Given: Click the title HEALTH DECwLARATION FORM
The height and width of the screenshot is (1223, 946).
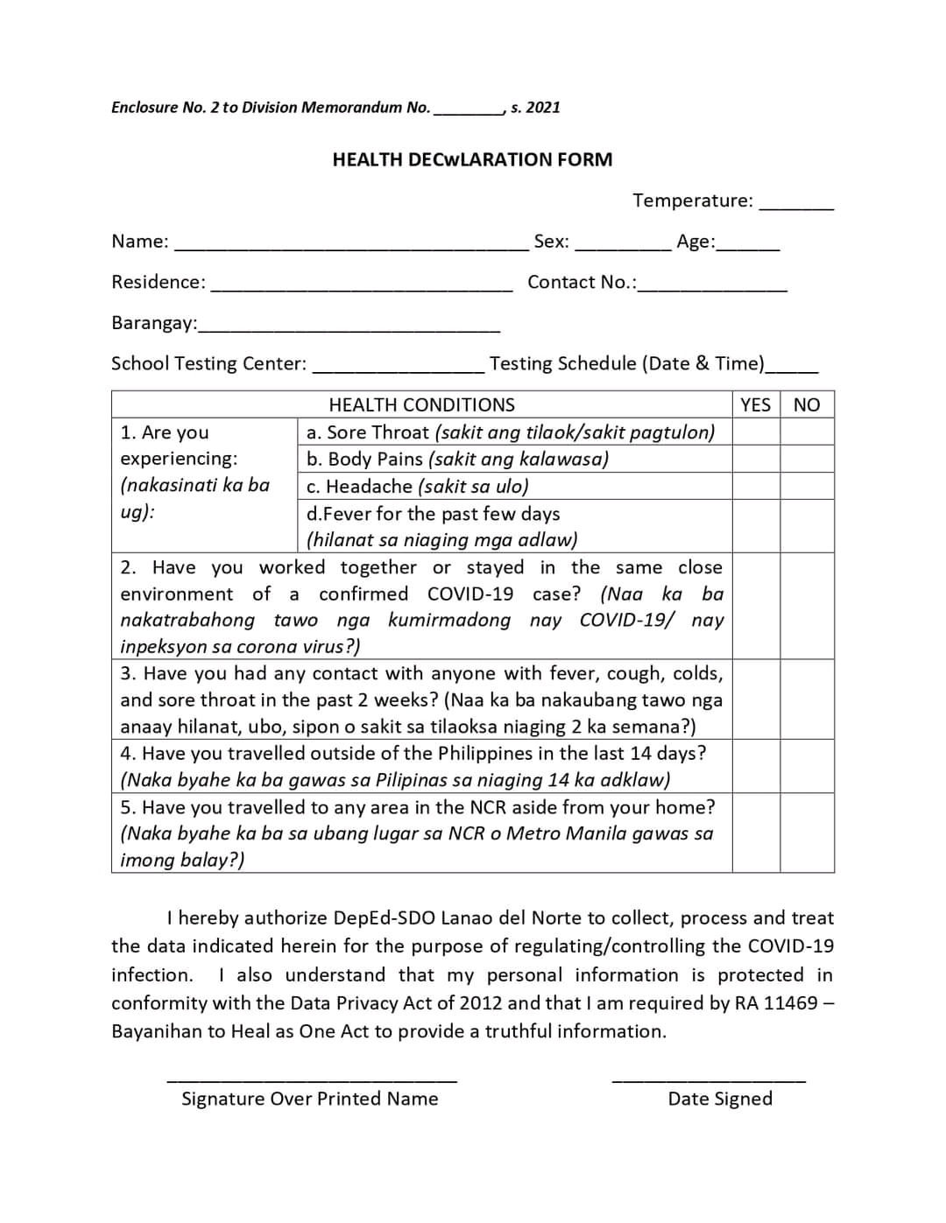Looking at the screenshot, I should click(472, 159).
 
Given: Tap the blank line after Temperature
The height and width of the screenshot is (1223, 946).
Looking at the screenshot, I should click(796, 206).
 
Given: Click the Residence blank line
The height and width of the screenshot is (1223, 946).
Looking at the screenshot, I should click(362, 287).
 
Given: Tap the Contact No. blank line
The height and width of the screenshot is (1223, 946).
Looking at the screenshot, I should click(712, 287).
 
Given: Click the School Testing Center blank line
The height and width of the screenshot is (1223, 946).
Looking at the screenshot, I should click(398, 369).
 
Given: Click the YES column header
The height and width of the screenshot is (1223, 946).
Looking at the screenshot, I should click(755, 404).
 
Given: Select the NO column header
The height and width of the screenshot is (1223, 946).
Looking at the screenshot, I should click(806, 404).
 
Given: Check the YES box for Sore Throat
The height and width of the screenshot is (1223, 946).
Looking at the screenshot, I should click(755, 432).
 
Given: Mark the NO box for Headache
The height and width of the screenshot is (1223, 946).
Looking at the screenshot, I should click(806, 486).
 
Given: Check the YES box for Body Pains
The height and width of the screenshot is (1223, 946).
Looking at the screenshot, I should click(755, 459).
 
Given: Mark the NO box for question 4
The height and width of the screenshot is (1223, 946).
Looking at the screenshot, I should click(806, 766).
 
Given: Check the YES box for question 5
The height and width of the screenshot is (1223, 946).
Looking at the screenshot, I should click(755, 833).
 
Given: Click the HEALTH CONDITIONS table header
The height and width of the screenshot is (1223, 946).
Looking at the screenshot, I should click(421, 404).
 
